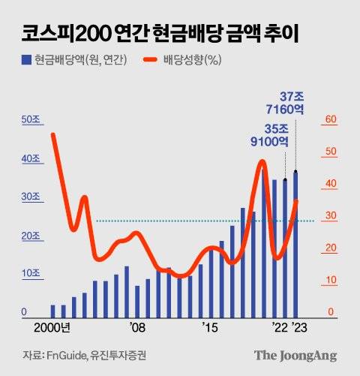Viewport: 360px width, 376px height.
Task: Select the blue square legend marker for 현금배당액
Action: tap(27, 59)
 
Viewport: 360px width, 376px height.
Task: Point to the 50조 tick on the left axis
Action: tap(31, 120)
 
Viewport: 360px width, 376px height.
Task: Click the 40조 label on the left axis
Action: tap(31, 159)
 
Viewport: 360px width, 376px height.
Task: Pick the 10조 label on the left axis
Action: tap(31, 273)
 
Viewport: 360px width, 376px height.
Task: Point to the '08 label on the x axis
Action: tap(136, 328)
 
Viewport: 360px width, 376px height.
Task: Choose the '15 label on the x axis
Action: tap(210, 328)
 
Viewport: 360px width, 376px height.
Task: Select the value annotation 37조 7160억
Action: tap(292, 101)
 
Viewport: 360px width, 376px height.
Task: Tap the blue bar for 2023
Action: tap(295, 248)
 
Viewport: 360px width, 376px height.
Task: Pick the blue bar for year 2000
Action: tap(53, 311)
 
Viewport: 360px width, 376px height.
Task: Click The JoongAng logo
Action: tap(295, 356)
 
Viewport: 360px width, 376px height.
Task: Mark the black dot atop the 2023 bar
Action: tap(295, 172)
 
